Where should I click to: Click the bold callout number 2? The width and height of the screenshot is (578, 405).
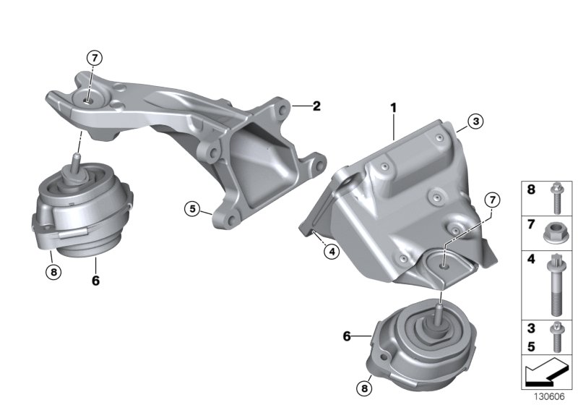[x=316, y=106]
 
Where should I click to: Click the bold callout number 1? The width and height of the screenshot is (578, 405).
[x=394, y=108]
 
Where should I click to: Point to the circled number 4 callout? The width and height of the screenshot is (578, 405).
[x=330, y=252]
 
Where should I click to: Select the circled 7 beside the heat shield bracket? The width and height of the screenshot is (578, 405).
[x=492, y=200]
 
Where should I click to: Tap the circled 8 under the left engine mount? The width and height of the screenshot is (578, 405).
[x=53, y=272]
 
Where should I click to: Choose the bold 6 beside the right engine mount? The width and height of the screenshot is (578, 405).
[x=347, y=336]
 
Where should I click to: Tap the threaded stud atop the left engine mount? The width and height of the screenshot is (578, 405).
[x=76, y=161]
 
